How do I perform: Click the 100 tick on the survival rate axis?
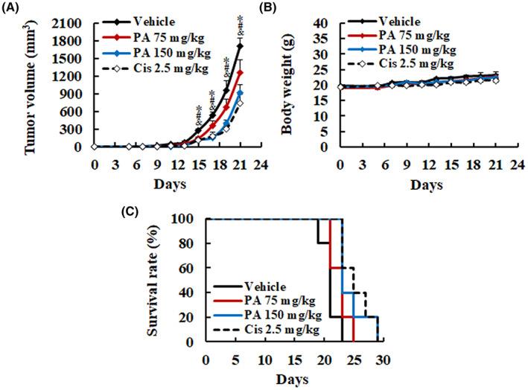tap(189, 219)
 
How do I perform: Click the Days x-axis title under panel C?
tap(292, 377)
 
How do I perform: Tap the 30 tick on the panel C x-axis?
tap(384, 359)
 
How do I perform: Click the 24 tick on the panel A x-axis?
tap(261, 164)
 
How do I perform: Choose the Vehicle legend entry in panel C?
tap(276, 284)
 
